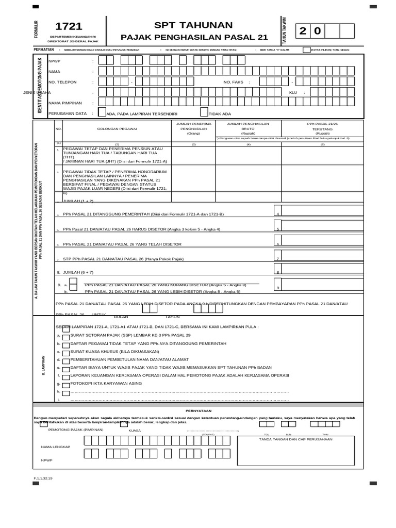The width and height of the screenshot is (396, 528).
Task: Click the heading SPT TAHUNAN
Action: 194,25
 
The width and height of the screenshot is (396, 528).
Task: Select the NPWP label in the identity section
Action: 54,61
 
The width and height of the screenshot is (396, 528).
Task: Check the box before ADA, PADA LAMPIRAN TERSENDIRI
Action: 102,113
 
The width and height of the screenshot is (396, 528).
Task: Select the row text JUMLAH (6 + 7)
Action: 79,271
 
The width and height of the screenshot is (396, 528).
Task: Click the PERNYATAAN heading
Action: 198,410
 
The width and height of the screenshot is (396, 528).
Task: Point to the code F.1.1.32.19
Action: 43,479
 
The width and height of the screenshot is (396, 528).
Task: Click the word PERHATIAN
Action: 44,49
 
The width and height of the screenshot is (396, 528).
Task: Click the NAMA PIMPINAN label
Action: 65,103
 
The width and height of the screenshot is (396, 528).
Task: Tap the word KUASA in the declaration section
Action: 135,430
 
